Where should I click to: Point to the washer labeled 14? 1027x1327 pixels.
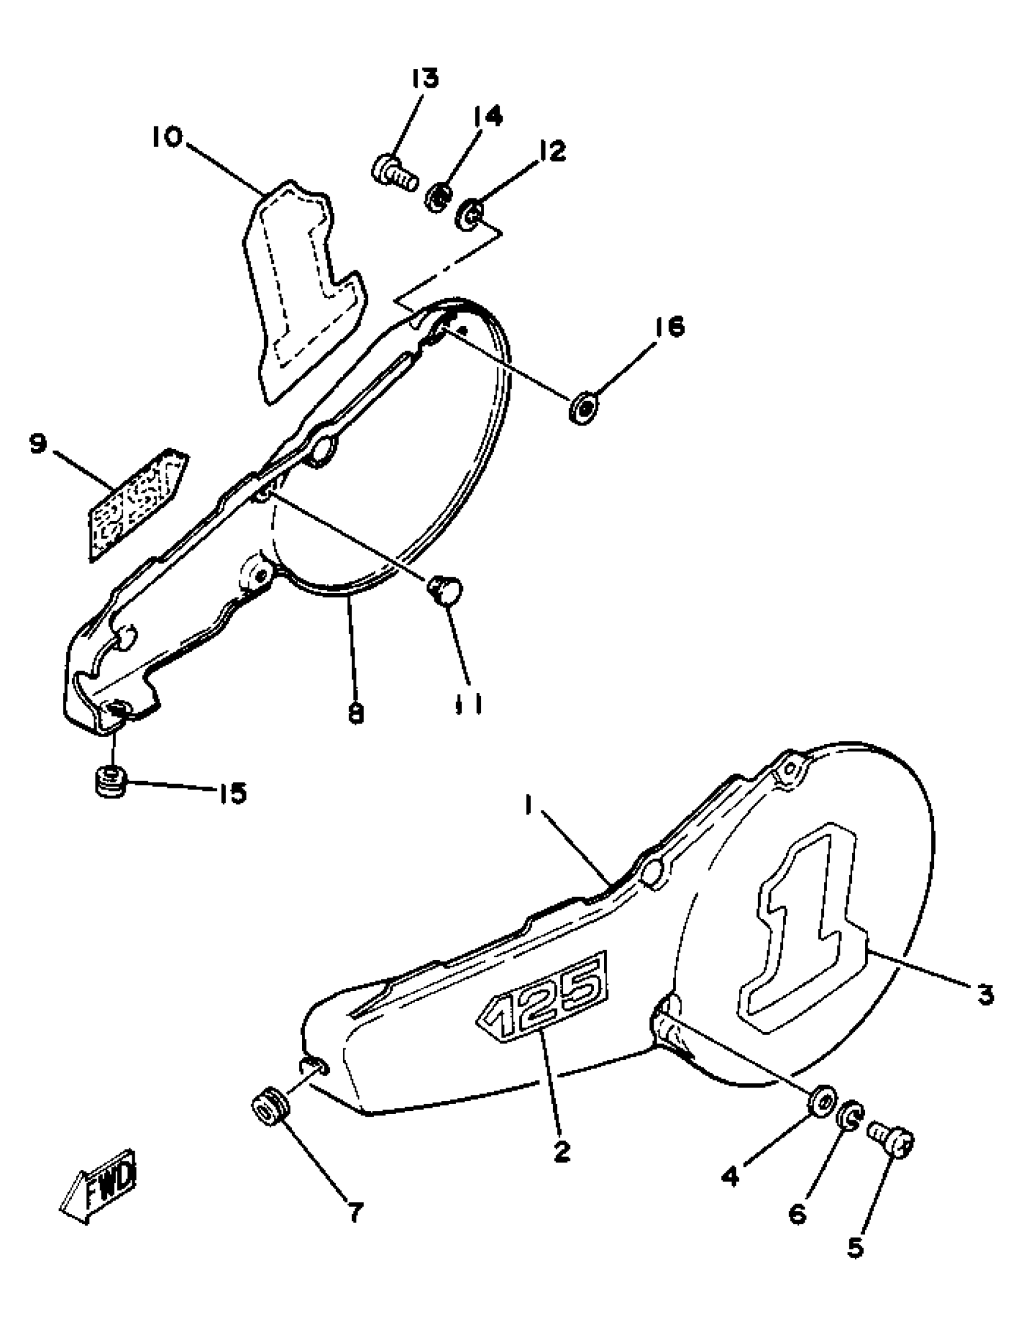[x=437, y=198]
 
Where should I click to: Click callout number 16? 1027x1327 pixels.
[x=669, y=327]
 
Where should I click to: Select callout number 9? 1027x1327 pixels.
[x=37, y=444]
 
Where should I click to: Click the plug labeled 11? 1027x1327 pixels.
[x=445, y=590]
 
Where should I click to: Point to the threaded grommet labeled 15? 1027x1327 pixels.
[x=111, y=782]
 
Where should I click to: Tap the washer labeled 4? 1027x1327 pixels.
[x=823, y=1101]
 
